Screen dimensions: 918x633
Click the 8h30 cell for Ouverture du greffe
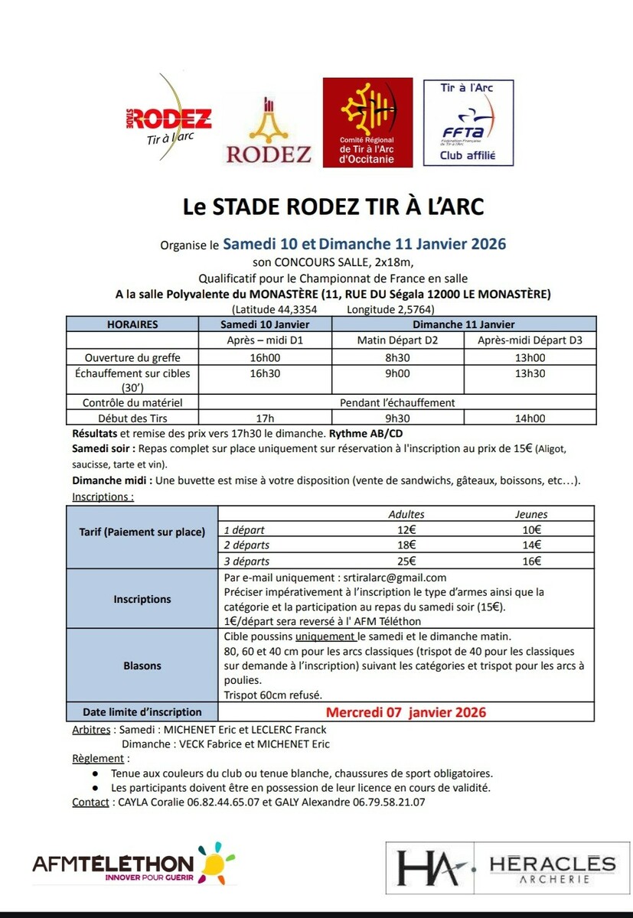click(x=397, y=357)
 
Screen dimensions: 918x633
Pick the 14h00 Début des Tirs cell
click(x=530, y=418)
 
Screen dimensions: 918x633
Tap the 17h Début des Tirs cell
click(x=265, y=418)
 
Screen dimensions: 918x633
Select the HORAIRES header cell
click(x=132, y=324)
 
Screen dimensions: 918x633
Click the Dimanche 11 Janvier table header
click(x=465, y=324)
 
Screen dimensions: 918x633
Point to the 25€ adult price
click(x=406, y=562)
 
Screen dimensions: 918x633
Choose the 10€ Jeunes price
click(x=531, y=529)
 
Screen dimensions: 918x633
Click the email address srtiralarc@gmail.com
click(x=391, y=578)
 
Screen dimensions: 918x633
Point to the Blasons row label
click(x=142, y=666)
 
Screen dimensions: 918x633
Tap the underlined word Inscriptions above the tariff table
click(x=103, y=496)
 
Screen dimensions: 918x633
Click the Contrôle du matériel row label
click(x=132, y=402)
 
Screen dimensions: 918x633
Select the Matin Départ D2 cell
click(x=397, y=340)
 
